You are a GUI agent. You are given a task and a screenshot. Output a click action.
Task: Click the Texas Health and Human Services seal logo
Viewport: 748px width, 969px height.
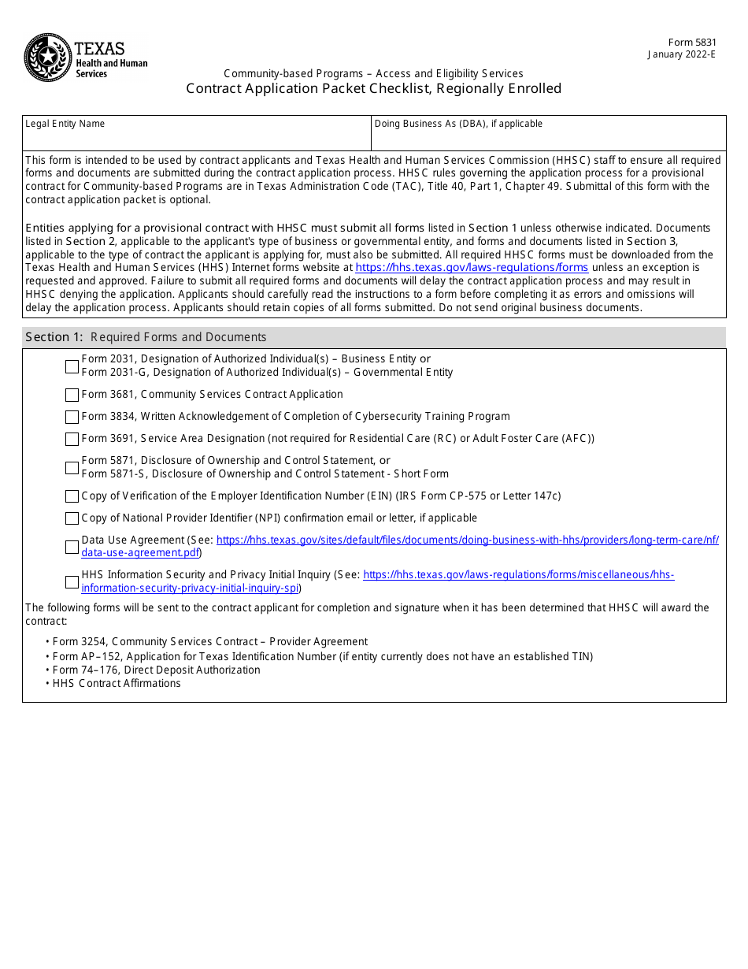point(48,58)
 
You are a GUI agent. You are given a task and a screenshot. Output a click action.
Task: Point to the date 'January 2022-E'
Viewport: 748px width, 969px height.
point(682,54)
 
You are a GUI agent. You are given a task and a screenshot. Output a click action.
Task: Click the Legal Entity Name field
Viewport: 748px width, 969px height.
point(197,138)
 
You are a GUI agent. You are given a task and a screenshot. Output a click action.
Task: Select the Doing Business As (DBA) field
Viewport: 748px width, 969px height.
point(549,138)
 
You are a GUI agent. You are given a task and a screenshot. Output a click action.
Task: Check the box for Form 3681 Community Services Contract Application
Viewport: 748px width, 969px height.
point(72,395)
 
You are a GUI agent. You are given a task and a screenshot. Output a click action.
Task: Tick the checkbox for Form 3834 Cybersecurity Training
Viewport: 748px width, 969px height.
point(72,417)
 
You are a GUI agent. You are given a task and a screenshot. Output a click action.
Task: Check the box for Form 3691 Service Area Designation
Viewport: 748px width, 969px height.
point(72,439)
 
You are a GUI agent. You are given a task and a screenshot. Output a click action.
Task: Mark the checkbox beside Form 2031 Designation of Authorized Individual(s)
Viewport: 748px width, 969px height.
point(72,366)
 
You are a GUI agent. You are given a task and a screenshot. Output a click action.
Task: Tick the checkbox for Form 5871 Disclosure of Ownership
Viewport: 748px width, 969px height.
point(72,467)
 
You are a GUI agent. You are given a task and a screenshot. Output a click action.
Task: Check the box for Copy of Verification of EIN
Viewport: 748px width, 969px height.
point(72,496)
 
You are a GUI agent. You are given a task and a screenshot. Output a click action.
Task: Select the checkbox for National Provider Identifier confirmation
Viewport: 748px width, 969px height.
point(72,518)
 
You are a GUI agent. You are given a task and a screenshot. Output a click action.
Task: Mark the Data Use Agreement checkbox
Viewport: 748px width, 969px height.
point(72,547)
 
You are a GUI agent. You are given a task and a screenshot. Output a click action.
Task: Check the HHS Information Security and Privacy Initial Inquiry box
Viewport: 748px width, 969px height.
point(72,581)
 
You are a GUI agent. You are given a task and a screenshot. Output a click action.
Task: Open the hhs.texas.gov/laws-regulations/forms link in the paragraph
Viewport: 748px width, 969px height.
point(472,268)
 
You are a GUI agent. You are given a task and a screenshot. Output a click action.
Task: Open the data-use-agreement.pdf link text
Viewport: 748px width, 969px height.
point(140,553)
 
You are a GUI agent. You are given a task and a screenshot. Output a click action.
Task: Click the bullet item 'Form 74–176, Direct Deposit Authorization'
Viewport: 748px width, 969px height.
point(156,670)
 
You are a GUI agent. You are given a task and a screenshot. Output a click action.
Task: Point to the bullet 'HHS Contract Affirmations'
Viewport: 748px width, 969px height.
point(117,683)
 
